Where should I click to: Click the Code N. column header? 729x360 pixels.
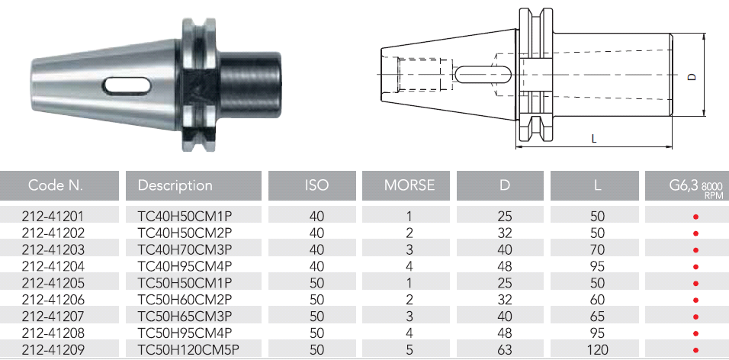[x=56, y=185]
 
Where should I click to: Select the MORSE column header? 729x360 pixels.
[x=409, y=185]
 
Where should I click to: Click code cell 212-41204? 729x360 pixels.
[x=53, y=266]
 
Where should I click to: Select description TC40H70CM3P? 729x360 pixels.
[x=185, y=249]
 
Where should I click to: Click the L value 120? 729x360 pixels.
[x=597, y=350]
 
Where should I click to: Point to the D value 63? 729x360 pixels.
[x=505, y=350]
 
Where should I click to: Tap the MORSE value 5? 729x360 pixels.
[x=409, y=350]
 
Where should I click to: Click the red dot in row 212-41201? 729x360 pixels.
[x=696, y=217]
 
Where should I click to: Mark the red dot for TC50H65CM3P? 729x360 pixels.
[x=696, y=317]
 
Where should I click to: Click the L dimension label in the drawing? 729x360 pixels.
[x=594, y=139]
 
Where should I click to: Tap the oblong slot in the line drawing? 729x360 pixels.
[x=483, y=74]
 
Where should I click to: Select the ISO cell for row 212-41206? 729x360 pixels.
[x=316, y=300]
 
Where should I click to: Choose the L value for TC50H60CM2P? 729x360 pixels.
[x=597, y=300]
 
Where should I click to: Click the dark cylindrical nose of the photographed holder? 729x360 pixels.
[x=250, y=85]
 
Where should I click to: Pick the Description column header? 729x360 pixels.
[x=175, y=185]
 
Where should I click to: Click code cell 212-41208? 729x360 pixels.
[x=53, y=333]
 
